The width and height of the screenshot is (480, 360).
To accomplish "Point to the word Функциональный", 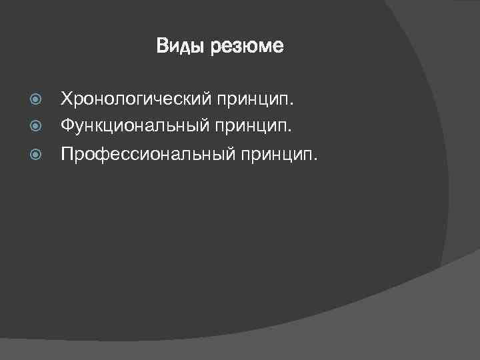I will click(x=134, y=125).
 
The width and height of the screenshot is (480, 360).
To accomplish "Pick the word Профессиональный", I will click(x=143, y=155).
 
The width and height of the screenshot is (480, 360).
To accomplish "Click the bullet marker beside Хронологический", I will click(x=37, y=100).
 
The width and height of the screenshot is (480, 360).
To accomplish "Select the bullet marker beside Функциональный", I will click(x=37, y=125).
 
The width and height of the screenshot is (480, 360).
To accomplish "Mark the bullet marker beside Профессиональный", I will click(x=37, y=155).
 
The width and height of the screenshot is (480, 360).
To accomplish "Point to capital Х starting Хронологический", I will click(x=66, y=99).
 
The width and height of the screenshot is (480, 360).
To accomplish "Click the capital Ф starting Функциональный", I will click(x=67, y=124).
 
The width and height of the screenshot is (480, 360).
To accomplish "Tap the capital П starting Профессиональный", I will click(x=67, y=155).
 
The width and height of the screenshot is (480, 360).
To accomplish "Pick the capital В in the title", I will click(x=162, y=46).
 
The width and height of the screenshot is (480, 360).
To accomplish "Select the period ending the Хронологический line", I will click(x=292, y=105).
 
